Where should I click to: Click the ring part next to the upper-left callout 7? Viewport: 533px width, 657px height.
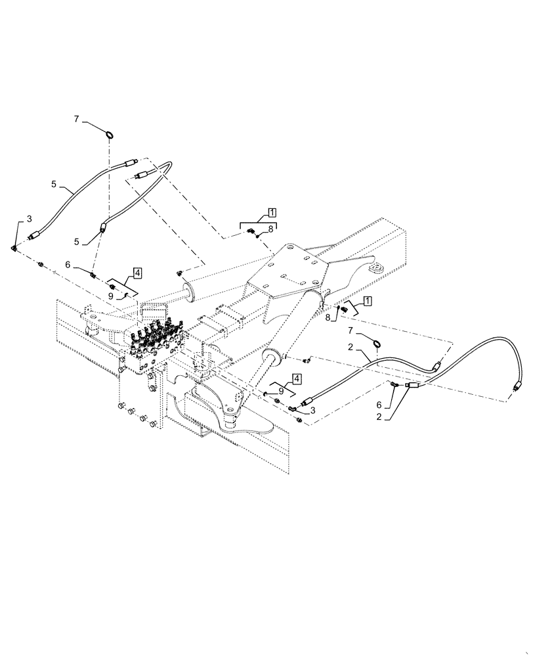110,135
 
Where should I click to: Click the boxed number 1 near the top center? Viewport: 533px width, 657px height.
271,213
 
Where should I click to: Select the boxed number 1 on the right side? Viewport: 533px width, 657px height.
367,301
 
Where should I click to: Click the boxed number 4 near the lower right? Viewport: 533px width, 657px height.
297,379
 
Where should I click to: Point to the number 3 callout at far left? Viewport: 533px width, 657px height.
29,218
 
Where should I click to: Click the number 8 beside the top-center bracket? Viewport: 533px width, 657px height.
270,229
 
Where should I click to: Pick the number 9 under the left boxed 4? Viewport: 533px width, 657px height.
112,296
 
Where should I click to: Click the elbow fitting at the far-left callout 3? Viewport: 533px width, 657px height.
15,248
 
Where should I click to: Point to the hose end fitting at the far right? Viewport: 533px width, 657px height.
517,388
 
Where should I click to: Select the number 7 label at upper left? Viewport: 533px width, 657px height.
76,119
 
